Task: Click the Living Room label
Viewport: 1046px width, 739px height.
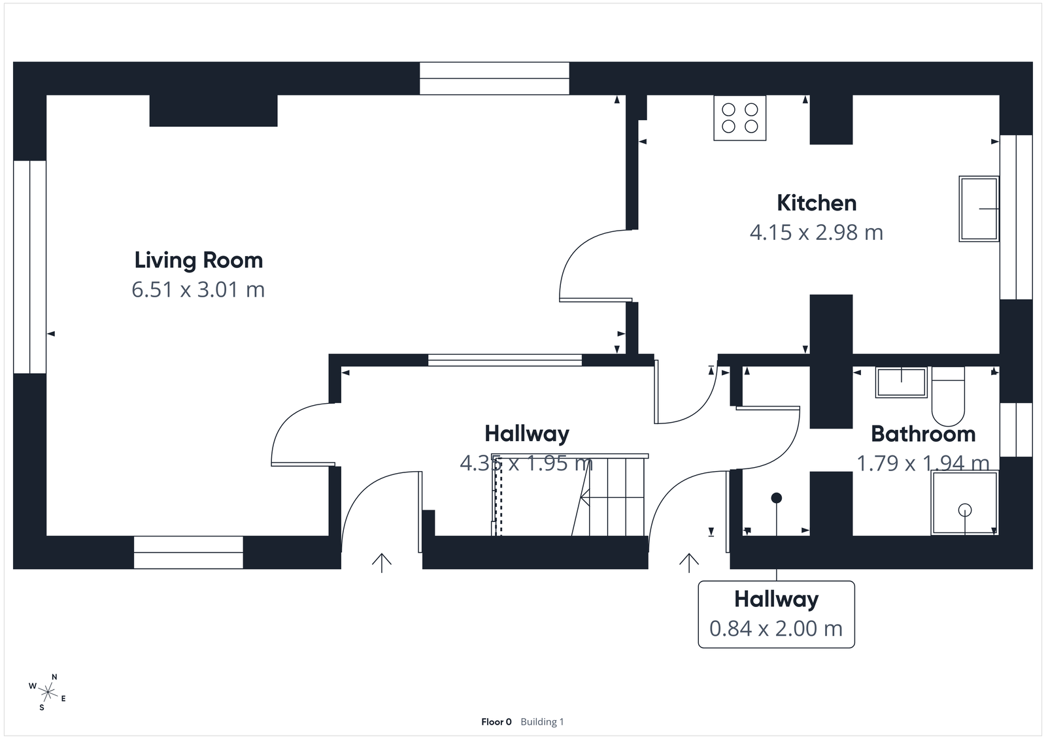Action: (x=198, y=260)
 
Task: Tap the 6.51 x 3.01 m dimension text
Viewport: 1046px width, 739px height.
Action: (x=198, y=289)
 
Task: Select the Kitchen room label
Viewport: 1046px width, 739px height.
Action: (x=817, y=203)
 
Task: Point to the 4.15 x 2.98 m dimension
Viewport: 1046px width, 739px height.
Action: (x=817, y=233)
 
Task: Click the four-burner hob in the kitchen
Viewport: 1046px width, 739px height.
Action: (x=739, y=118)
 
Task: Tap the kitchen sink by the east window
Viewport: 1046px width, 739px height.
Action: (x=979, y=208)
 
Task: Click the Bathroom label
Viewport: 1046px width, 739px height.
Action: (x=923, y=434)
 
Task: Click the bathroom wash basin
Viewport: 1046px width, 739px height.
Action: (x=901, y=382)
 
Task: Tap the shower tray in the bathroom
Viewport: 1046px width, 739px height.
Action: (x=965, y=503)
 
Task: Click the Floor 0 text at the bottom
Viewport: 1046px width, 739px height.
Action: (x=496, y=722)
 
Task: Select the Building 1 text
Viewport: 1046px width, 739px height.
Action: (x=542, y=722)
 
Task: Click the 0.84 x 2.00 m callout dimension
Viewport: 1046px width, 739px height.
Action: (x=776, y=629)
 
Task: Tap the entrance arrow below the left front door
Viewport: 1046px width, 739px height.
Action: (x=382, y=562)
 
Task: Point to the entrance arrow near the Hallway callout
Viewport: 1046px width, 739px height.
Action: (x=688, y=562)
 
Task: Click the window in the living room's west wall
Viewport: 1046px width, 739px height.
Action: (x=29, y=267)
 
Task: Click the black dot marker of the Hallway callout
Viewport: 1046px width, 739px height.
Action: (x=777, y=498)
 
